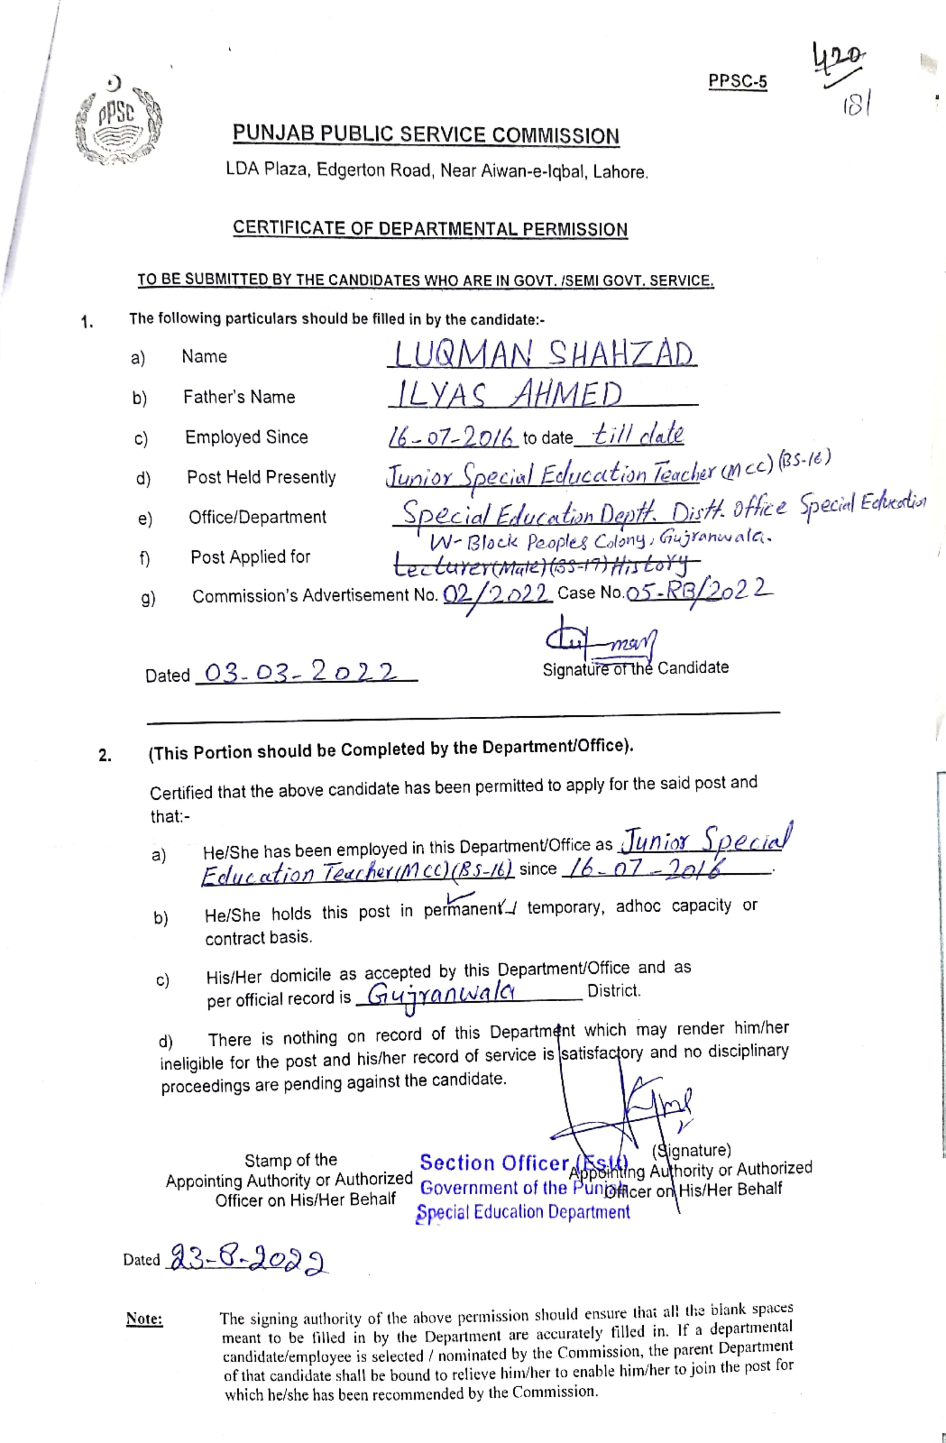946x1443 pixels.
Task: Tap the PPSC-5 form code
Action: point(738,81)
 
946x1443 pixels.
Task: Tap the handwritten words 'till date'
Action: point(638,434)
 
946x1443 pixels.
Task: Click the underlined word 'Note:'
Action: point(145,1318)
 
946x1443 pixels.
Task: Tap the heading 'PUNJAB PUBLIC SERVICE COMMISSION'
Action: point(426,135)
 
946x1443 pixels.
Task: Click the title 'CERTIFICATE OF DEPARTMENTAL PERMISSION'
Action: point(430,229)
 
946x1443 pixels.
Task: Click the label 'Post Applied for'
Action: point(250,557)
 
